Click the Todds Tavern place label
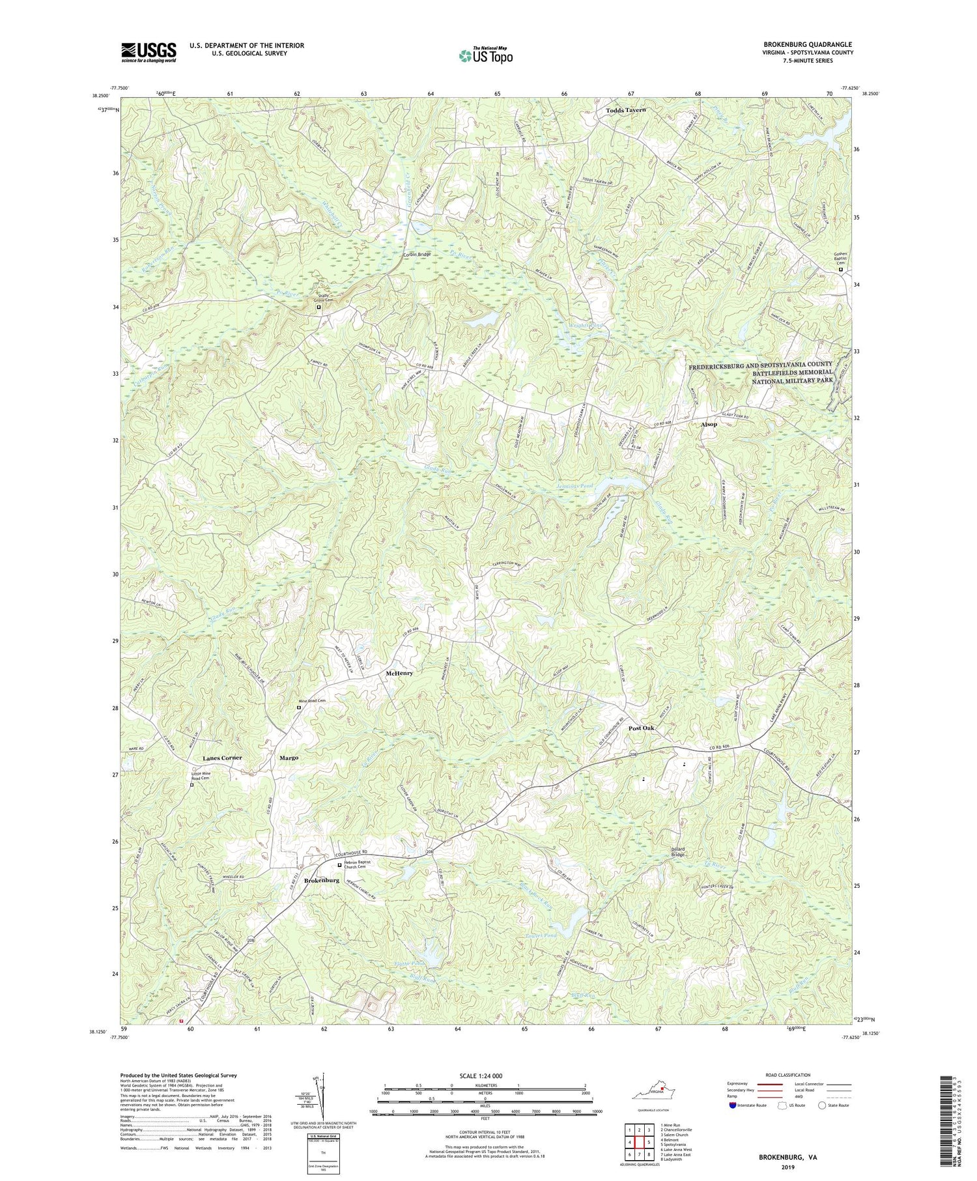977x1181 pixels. (x=625, y=111)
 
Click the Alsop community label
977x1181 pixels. (x=709, y=424)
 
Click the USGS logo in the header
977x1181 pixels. (x=148, y=51)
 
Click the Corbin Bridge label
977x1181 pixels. (x=417, y=255)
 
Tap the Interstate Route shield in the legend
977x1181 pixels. (x=733, y=1105)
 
